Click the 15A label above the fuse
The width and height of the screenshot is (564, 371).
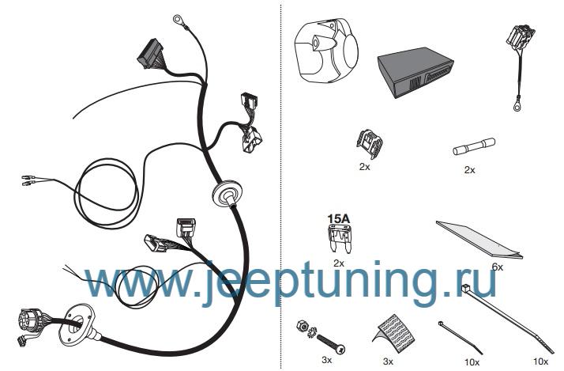click(338, 218)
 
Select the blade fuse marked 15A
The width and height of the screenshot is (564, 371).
click(339, 238)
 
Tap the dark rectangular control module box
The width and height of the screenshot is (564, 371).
click(415, 73)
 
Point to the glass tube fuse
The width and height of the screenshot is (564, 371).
click(473, 146)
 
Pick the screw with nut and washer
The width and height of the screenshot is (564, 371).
click(321, 338)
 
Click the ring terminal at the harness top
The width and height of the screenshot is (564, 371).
click(178, 20)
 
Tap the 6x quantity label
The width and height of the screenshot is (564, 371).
click(498, 267)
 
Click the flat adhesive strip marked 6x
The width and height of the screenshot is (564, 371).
click(479, 239)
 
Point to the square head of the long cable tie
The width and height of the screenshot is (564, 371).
click(467, 288)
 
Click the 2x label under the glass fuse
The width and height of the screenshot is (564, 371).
click(470, 170)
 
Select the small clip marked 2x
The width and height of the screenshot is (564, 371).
click(370, 143)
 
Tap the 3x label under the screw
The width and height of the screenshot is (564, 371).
click(326, 359)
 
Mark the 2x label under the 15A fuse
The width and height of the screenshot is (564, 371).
click(339, 263)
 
